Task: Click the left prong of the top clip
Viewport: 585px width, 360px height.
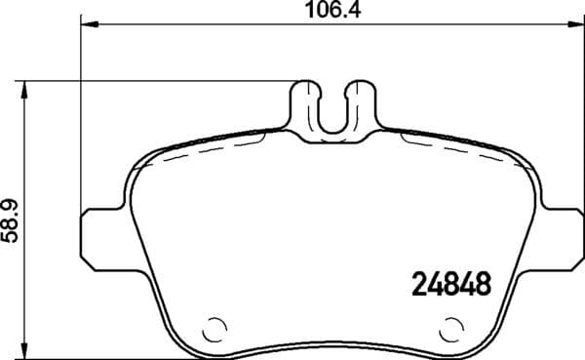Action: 308,103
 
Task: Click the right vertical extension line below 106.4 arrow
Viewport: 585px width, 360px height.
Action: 581,117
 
